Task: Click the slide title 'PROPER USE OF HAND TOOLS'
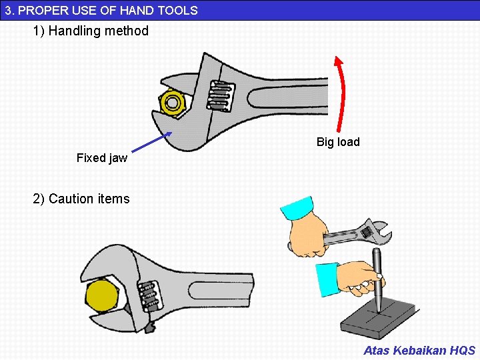[107, 10]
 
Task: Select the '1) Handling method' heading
[91, 31]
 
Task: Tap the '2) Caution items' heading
[81, 199]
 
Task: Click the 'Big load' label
[338, 142]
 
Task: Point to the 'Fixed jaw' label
[101, 158]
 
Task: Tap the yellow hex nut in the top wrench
[173, 103]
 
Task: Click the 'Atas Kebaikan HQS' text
[419, 350]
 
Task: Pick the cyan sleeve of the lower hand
[327, 279]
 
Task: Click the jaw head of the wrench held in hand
[374, 232]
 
